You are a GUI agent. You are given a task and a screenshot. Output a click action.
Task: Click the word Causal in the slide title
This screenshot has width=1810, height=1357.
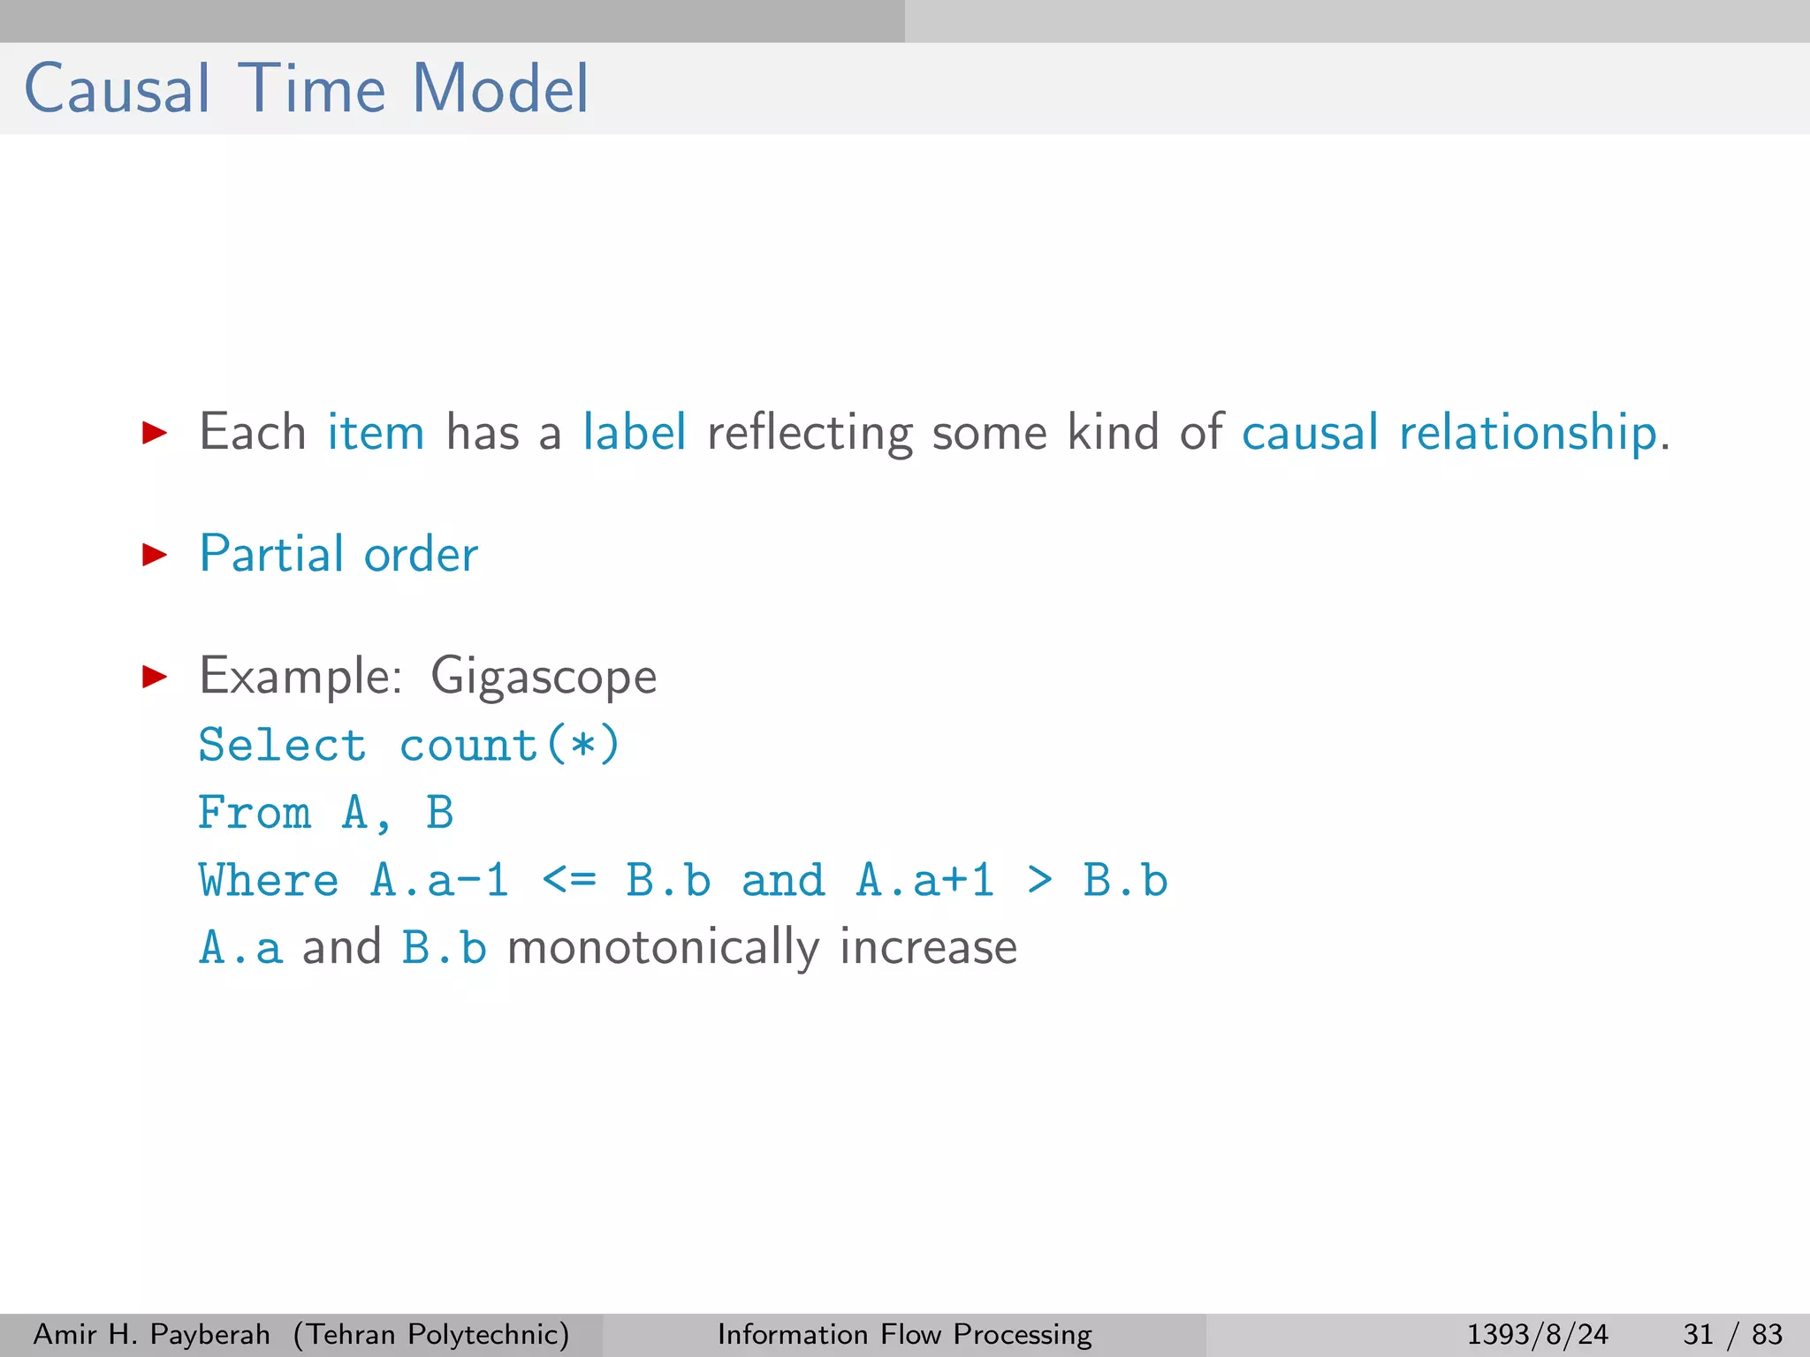118,89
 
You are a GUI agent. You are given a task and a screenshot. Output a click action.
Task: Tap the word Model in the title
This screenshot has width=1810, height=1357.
500,89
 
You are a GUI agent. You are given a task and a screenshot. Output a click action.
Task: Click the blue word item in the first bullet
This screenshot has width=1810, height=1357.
376,433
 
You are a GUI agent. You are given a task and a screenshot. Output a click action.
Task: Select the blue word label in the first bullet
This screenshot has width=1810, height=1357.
634,433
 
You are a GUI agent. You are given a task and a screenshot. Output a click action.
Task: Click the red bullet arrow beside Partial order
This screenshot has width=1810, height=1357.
155,555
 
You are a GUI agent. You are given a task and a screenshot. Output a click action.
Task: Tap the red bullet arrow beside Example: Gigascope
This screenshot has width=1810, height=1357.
155,677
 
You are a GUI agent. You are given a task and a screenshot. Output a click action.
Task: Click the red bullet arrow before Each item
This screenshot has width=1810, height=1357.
155,433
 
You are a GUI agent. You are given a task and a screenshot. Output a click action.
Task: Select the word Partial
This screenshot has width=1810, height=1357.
271,555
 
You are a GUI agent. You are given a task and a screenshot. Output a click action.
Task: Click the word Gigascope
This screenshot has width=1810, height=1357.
544,677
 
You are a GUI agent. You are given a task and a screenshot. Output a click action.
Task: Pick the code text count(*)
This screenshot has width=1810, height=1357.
510,745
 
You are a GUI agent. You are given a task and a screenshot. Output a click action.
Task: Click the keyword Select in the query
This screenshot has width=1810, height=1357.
282,745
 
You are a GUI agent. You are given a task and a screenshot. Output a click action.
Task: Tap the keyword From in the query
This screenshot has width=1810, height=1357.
255,813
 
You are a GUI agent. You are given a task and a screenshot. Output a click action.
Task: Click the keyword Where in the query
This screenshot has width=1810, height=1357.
269,881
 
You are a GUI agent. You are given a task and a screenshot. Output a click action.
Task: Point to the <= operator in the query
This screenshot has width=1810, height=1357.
568,881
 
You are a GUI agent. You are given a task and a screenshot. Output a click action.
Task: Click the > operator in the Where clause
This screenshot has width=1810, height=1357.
1040,881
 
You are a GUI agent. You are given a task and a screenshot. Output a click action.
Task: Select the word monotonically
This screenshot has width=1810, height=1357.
663,948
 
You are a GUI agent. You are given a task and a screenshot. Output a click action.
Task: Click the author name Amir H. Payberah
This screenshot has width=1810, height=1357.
151,1334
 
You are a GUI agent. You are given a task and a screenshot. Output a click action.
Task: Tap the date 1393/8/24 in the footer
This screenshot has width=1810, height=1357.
1537,1334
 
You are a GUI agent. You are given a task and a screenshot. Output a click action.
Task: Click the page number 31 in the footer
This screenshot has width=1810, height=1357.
1698,1334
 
